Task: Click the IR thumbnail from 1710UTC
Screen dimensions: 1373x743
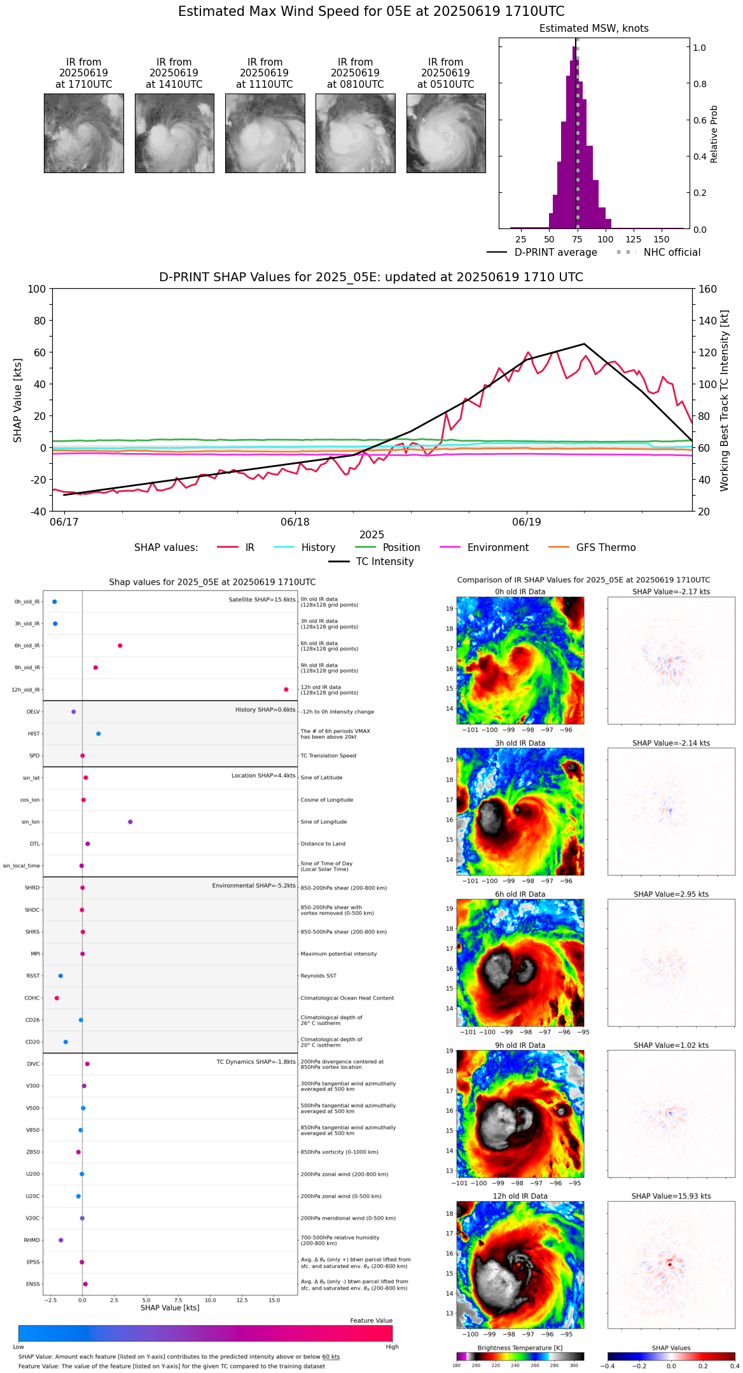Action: click(84, 133)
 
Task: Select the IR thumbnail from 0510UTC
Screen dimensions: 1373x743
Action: click(446, 133)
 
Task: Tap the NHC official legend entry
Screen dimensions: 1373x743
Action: click(671, 253)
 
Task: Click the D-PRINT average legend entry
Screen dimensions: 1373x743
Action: click(555, 253)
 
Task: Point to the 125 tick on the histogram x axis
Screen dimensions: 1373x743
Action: click(633, 239)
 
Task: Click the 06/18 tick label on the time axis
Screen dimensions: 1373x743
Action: click(295, 522)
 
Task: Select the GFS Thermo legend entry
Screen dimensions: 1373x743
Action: click(606, 548)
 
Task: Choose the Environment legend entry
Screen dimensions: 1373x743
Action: click(497, 548)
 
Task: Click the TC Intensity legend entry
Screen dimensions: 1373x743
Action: click(384, 562)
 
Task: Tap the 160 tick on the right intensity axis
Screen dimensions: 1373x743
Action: click(707, 289)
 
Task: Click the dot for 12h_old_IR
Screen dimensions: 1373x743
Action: click(286, 690)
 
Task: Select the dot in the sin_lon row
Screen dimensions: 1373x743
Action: click(130, 822)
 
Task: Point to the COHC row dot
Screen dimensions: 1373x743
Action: click(57, 998)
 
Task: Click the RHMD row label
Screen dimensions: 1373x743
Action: click(32, 1240)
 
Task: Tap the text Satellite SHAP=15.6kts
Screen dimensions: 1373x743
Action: click(262, 600)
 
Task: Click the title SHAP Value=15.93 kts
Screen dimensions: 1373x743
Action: click(671, 1196)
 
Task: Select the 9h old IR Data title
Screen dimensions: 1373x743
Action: click(520, 1045)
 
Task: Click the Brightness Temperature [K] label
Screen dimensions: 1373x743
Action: click(520, 1348)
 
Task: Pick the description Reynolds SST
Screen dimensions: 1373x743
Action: click(318, 976)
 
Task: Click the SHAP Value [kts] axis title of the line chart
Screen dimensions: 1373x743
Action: click(18, 400)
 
